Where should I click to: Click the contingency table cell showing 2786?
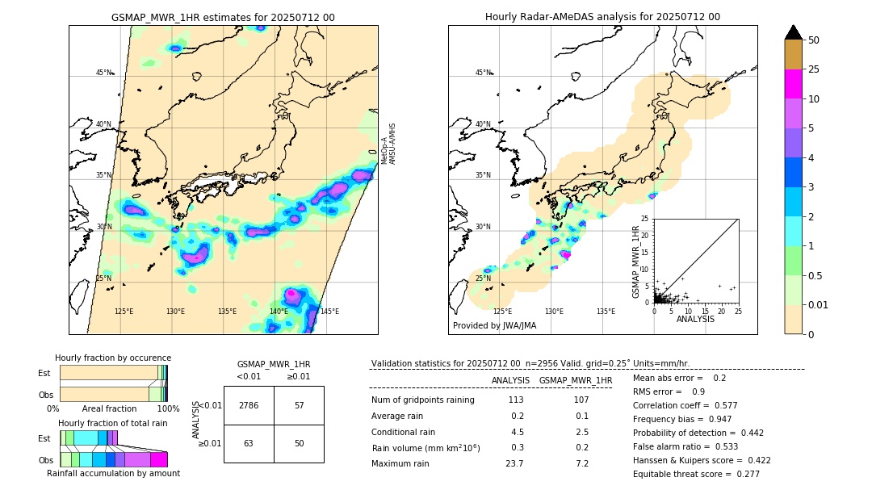pos(249,405)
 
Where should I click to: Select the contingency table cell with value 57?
pos(299,405)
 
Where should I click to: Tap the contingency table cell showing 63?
pos(249,443)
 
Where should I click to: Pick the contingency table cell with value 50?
pos(299,443)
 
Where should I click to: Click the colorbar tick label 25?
pos(814,69)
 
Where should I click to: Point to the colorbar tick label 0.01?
pos(819,304)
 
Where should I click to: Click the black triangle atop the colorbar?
pos(793,32)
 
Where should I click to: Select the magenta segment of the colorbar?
pos(793,84)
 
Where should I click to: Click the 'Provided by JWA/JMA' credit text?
pos(494,326)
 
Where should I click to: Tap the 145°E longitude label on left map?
pos(329,312)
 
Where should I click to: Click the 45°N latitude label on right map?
pos(482,73)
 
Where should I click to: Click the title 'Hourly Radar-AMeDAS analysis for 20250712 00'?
pos(602,17)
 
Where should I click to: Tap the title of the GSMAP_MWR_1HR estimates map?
pos(223,17)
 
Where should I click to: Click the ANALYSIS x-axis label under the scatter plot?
pos(695,319)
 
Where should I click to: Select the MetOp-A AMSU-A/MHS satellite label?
pos(388,149)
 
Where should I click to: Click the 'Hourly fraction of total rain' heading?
pos(113,423)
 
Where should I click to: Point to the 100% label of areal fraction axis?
pos(168,409)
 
